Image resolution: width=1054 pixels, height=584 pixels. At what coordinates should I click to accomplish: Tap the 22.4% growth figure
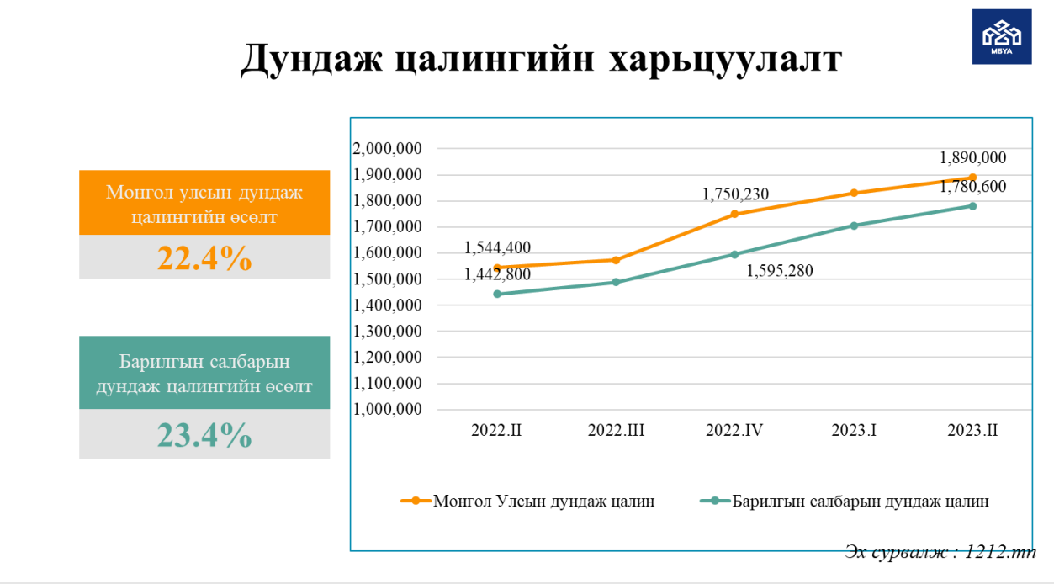204,257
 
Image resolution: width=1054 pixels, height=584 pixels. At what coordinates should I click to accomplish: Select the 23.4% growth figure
204,435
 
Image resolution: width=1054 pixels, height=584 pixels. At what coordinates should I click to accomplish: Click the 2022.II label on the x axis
496,431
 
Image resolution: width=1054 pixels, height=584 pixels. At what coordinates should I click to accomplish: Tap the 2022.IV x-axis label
734,431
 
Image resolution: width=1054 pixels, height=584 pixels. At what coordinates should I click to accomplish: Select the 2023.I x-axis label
854,431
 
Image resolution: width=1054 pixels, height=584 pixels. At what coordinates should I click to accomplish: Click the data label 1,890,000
973,157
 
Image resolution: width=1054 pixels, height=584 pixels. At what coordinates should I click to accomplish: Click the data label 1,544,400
497,247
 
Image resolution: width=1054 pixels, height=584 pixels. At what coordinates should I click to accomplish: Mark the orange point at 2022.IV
734,214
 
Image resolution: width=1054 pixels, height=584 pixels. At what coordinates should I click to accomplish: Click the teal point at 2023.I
854,226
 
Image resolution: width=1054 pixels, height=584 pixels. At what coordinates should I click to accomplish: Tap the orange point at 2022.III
616,260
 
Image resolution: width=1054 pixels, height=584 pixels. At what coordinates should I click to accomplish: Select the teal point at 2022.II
496,294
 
